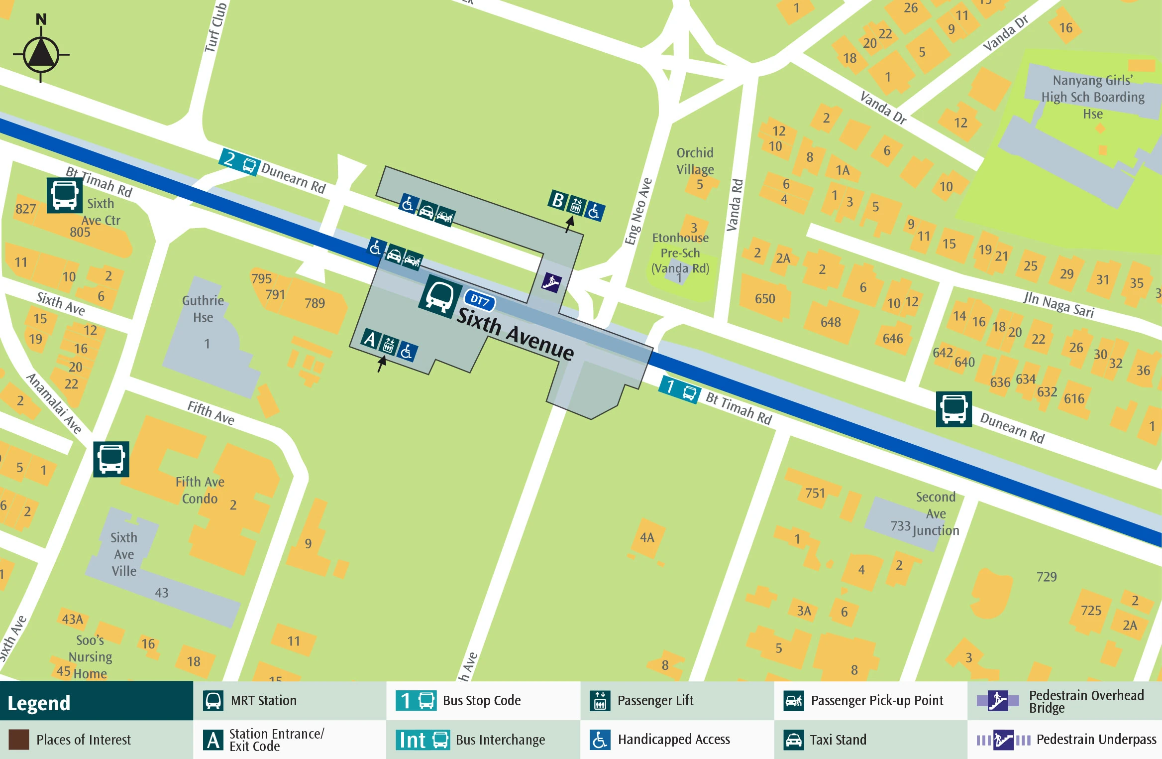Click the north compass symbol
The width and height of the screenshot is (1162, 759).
point(41,52)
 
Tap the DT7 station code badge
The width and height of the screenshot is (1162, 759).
point(479,300)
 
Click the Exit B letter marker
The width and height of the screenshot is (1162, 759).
point(558,200)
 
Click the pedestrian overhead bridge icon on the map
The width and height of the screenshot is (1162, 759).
point(551,282)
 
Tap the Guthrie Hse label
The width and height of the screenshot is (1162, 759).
point(203,309)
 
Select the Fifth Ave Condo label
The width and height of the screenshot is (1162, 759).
point(200,490)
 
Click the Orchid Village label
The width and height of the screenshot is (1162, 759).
point(695,161)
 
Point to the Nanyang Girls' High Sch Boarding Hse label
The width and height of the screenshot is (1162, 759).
point(1093,97)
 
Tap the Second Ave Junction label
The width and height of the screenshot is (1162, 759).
point(936,513)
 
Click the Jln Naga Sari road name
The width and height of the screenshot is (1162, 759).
point(1059,304)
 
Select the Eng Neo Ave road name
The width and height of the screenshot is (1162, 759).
point(638,211)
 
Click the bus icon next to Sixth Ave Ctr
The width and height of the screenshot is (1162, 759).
point(64,195)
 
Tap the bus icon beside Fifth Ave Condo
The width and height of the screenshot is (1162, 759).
point(111,459)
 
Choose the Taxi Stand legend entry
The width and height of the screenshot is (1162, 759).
point(838,740)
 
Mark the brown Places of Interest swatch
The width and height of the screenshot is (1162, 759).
point(19,740)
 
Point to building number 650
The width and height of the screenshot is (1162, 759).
point(765,299)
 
